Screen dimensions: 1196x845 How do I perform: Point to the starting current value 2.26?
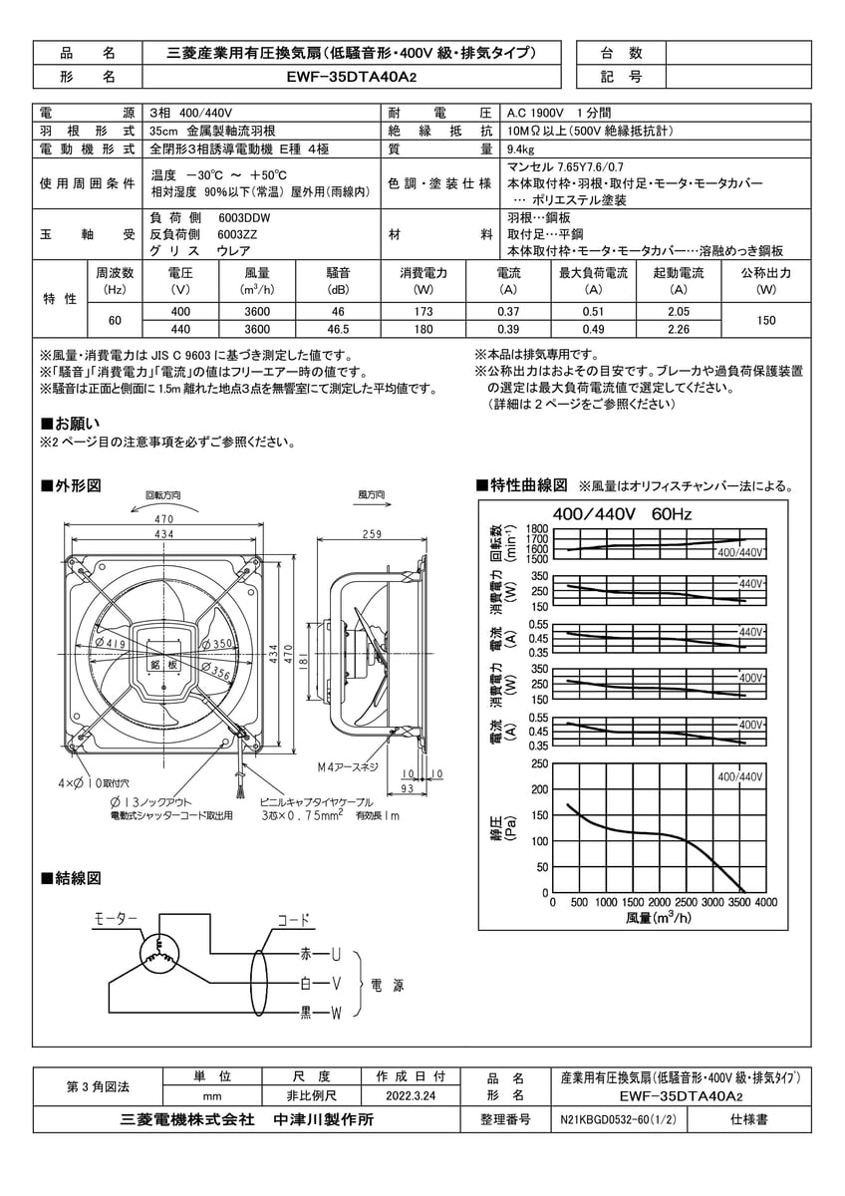[x=680, y=329]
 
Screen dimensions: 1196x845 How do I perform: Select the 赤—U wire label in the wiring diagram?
[x=322, y=954]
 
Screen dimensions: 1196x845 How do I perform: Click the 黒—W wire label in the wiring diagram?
[x=322, y=1015]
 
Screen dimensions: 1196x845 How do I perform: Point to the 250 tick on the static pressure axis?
[x=539, y=764]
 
